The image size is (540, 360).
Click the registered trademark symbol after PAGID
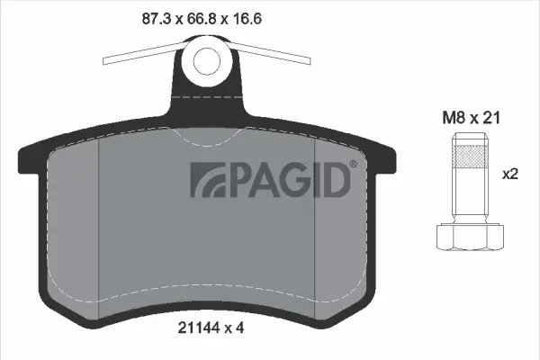click(353, 165)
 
